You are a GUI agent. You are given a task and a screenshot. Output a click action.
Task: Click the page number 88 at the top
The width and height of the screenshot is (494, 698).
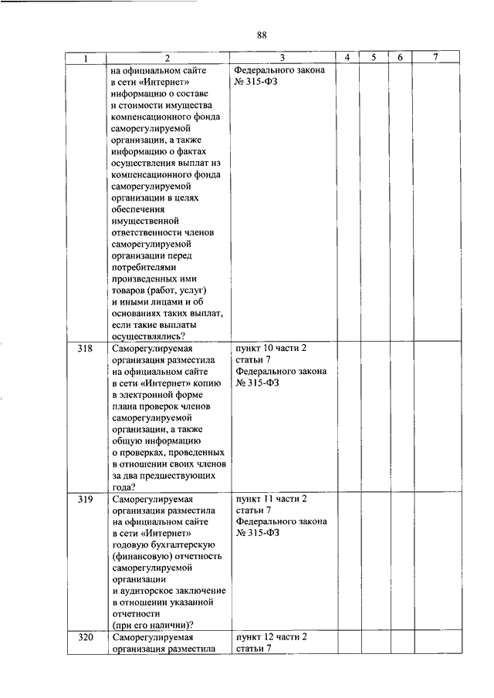[261, 35]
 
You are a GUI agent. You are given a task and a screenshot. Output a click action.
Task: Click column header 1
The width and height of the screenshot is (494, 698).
[86, 58]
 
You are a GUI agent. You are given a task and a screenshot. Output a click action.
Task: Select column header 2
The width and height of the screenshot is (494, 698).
[167, 58]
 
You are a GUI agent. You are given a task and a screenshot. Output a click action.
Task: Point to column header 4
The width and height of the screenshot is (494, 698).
[348, 58]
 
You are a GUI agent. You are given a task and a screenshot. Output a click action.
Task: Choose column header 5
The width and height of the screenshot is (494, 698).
[374, 58]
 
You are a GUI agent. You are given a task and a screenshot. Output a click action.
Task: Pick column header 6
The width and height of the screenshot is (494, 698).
[400, 58]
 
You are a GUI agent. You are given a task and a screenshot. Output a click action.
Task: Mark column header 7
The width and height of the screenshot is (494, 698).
[435, 58]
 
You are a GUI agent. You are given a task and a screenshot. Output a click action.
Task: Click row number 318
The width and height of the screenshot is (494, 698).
[86, 349]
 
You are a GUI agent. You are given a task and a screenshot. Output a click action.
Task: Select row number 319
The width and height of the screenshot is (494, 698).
[86, 499]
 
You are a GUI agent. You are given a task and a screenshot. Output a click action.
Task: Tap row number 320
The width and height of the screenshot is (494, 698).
[86, 638]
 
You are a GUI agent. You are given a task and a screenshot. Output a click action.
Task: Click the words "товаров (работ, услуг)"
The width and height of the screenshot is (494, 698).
[160, 290]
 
